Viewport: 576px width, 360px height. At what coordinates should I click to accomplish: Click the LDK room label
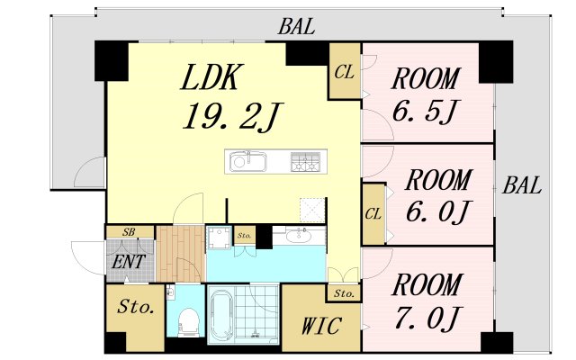point(212,77)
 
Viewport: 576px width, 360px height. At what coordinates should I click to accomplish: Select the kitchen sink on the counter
point(248,161)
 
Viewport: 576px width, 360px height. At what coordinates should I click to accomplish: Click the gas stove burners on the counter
point(305,162)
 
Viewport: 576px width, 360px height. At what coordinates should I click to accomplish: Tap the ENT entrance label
point(129,262)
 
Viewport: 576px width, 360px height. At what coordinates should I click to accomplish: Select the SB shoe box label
point(129,232)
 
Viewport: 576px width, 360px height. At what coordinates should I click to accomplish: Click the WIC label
point(321,326)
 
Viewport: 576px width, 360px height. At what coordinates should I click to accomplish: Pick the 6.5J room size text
point(425,111)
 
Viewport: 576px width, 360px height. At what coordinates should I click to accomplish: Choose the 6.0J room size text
point(438,212)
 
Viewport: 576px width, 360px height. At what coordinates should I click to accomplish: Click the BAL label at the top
point(296,27)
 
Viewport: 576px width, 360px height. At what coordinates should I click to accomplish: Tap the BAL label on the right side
point(522,185)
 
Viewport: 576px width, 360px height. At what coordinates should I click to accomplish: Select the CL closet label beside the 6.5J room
point(344,72)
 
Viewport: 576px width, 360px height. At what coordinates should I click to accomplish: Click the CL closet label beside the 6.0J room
point(373,214)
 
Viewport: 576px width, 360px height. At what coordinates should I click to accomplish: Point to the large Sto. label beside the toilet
point(136,307)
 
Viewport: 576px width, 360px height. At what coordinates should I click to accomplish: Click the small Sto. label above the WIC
point(344,293)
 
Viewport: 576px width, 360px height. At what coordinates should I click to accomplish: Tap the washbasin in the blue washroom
point(299,236)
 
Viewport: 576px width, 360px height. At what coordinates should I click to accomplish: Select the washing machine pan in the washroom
point(219,238)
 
